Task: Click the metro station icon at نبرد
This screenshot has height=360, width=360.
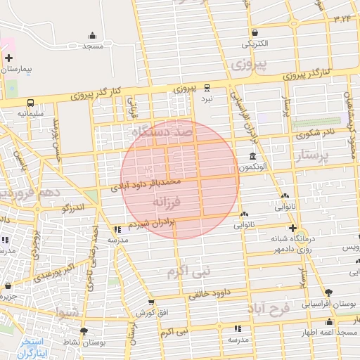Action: click(x=207, y=89)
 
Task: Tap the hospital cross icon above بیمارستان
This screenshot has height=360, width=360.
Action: click(x=8, y=58)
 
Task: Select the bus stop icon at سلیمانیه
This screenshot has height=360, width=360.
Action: click(x=31, y=103)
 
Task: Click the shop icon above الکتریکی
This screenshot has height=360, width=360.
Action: click(x=254, y=32)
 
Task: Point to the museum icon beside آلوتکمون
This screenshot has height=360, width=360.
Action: click(x=252, y=156)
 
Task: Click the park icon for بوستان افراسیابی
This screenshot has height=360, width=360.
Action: click(x=328, y=292)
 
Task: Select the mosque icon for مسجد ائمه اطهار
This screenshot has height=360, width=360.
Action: click(x=329, y=322)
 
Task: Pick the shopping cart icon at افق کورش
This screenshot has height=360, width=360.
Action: click(x=150, y=302)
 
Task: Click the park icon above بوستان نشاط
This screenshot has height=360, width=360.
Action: click(x=84, y=330)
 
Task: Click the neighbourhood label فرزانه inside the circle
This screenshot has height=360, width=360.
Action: click(x=167, y=202)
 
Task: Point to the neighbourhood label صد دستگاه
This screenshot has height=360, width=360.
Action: click(x=160, y=131)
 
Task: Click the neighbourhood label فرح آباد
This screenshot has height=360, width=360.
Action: click(x=283, y=313)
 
